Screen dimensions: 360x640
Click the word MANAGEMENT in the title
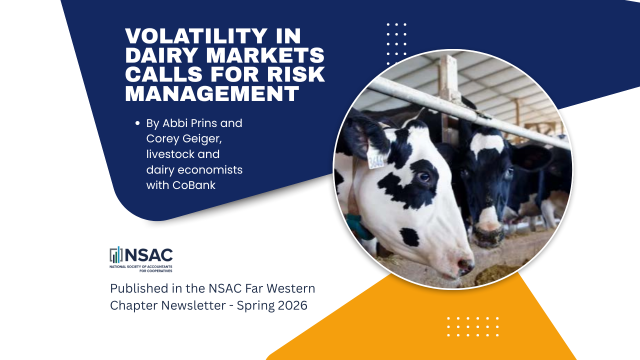[212, 94]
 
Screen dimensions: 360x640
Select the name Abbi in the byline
[187, 123]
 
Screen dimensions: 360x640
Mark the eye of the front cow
[425, 178]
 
